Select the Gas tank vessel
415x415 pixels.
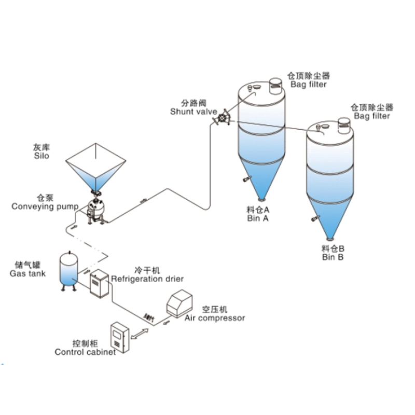pos(68,270)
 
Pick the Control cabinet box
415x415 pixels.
pos(120,338)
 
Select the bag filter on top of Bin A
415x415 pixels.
pos(275,85)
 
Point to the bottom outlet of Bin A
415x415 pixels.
pos(262,200)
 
